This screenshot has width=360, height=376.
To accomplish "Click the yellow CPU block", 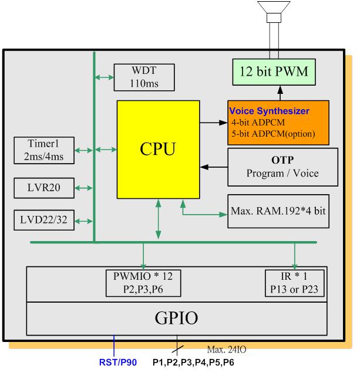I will [158, 149].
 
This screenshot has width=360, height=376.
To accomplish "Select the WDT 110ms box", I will [144, 77].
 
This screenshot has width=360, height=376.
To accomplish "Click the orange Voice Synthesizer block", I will [278, 123].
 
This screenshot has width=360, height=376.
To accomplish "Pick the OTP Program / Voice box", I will [282, 167].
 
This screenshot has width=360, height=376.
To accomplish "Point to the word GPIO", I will [177, 319].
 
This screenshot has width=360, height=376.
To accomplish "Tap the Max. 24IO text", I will [226, 350].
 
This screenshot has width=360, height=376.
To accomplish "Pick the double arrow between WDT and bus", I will [105, 77].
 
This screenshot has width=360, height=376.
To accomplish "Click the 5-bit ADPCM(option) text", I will [273, 133].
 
